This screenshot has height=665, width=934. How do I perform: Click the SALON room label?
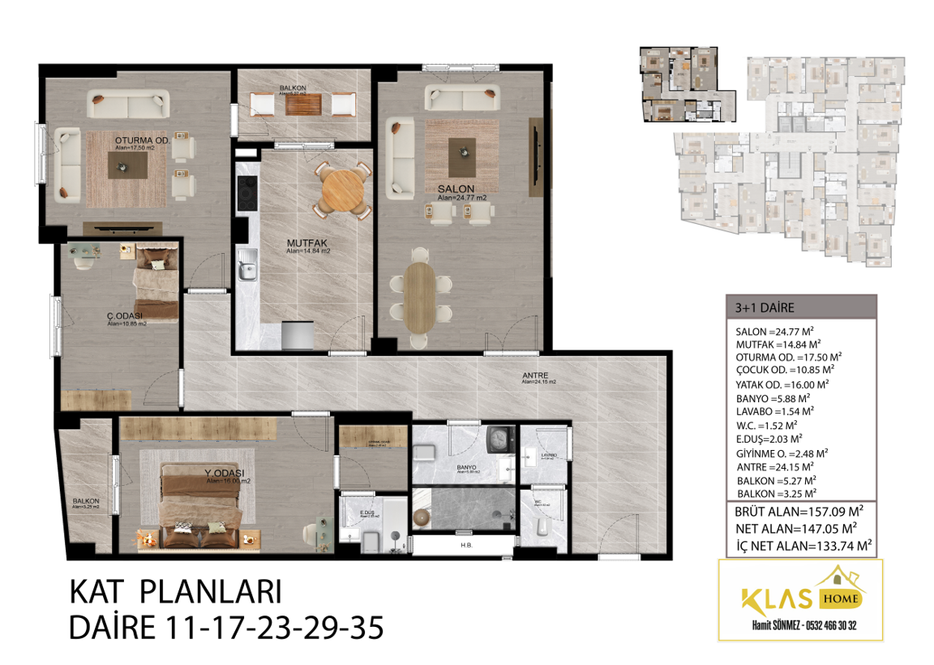(x=456, y=188)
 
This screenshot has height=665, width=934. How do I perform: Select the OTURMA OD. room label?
(x=141, y=140)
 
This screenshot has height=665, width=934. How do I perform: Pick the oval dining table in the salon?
(x=420, y=297)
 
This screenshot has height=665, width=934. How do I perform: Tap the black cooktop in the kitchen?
(x=245, y=192)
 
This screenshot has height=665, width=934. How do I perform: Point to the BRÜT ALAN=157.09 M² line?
(x=798, y=513)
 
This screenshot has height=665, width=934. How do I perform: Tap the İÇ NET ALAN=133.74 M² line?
(x=803, y=546)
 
